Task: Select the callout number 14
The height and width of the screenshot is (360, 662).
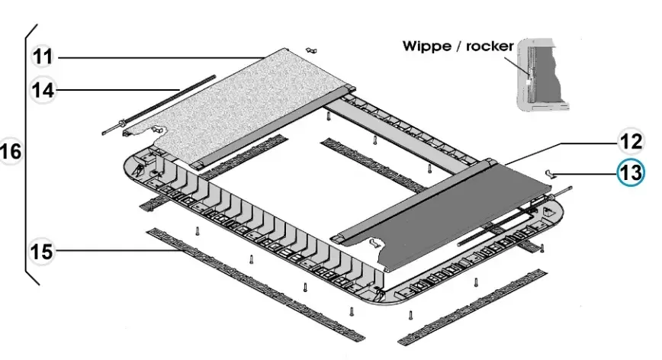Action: [x=43, y=89]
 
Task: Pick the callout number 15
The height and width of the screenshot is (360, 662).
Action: [x=43, y=250]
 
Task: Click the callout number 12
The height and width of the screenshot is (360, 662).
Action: [x=630, y=142]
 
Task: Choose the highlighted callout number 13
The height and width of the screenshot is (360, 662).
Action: [x=631, y=173]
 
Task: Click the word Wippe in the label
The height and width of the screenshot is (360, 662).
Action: [x=426, y=46]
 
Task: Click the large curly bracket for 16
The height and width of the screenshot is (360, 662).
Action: [x=31, y=153]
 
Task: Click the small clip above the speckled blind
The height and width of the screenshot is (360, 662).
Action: [x=310, y=50]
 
